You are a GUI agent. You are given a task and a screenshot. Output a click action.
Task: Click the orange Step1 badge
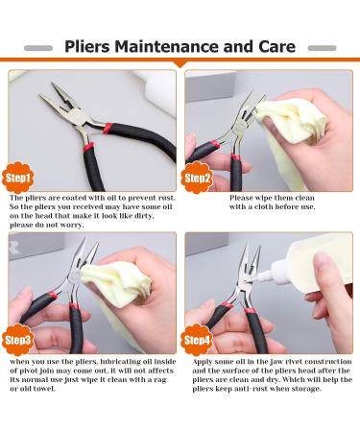18,178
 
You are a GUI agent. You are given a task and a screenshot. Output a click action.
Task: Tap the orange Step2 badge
197,178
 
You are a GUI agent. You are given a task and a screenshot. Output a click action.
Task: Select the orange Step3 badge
18,340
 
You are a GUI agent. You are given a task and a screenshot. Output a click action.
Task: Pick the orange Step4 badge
197,340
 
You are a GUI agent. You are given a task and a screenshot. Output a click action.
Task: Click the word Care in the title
276,47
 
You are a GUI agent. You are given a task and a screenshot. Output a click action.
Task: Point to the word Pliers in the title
87,47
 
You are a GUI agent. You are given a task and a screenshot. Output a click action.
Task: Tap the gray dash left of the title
38,48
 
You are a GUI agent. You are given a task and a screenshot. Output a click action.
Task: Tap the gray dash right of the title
322,48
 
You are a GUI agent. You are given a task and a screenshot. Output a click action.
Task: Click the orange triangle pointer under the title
180,64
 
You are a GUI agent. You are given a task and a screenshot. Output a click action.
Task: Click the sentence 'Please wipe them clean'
272,198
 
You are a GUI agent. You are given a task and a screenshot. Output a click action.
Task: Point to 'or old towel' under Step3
33,389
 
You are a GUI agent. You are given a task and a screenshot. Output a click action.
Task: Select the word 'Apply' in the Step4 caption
203,362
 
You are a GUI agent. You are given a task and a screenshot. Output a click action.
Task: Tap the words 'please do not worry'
47,225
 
